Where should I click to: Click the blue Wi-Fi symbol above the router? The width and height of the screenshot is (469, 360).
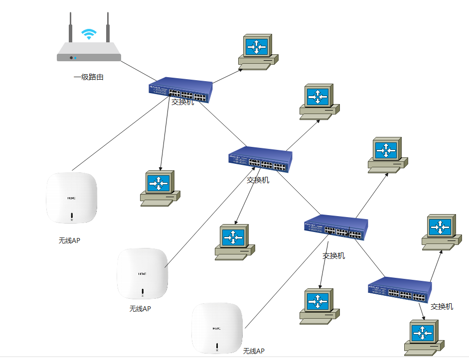(89, 34)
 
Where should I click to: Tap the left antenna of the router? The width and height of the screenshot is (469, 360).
(71, 27)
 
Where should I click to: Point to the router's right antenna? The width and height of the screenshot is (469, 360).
(107, 27)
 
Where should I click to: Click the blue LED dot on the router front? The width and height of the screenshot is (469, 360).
(76, 58)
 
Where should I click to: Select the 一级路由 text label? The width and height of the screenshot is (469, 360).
(88, 77)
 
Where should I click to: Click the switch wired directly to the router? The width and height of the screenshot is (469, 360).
(180, 90)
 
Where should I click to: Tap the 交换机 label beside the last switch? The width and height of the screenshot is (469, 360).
(442, 307)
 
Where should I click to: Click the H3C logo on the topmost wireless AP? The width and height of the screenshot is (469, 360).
(72, 198)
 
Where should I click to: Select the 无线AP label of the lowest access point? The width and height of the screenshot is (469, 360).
(254, 351)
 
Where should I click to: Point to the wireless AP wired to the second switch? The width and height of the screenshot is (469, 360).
(142, 274)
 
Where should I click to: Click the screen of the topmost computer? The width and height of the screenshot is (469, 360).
(257, 47)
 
